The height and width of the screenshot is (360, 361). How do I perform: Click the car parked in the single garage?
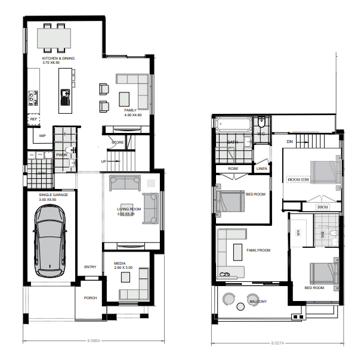50,245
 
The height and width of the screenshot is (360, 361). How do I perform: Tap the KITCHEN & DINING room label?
58,59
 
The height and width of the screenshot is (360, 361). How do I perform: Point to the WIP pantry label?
42,136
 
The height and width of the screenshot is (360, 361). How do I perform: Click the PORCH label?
90,298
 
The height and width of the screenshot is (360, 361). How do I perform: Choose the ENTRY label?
90,267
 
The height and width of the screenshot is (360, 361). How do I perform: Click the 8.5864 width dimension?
94,341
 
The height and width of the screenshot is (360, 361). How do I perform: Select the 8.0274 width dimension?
278,343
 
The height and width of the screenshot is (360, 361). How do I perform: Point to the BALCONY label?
257,302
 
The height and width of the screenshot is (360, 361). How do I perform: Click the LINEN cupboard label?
261,169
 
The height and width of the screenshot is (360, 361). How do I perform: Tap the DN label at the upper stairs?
289,142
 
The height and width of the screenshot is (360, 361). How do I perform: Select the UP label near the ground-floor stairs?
104,162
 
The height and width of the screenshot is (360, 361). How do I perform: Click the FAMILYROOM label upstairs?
258,250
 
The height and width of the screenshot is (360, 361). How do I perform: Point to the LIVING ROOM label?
129,209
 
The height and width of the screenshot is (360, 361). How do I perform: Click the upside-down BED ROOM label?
298,179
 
